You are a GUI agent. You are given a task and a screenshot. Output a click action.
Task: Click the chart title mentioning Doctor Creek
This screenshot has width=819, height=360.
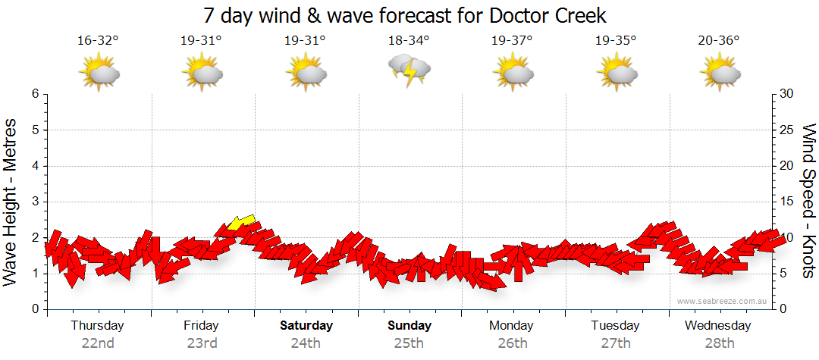406,15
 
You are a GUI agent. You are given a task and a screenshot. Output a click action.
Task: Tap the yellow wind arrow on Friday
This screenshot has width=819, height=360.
241,222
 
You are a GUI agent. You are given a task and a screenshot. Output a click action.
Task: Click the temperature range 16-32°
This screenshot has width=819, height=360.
99,41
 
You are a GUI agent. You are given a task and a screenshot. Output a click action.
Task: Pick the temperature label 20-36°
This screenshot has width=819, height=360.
719,41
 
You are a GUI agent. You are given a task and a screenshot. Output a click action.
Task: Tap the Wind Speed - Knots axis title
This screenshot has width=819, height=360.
808,201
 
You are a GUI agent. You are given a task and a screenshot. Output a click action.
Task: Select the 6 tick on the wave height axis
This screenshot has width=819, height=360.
34,94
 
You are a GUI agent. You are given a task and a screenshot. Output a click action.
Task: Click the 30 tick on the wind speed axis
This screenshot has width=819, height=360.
787,94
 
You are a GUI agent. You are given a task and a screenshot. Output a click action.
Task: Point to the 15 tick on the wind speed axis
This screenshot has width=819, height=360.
787,202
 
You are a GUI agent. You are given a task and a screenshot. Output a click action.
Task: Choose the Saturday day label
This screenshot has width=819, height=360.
306,326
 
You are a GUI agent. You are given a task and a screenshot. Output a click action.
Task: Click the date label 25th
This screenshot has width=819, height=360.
409,343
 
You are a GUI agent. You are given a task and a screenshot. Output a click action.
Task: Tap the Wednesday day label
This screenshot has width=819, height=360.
717,326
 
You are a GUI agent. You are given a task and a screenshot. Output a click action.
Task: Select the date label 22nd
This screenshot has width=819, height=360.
98,343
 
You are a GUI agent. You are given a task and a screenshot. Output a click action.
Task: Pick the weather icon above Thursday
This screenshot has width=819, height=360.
99,72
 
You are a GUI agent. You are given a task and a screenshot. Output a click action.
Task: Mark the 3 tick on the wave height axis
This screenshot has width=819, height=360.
34,202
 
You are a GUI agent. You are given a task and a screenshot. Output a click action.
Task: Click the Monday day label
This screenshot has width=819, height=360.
511,326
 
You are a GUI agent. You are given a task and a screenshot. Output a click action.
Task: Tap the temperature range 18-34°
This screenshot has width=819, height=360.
409,41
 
